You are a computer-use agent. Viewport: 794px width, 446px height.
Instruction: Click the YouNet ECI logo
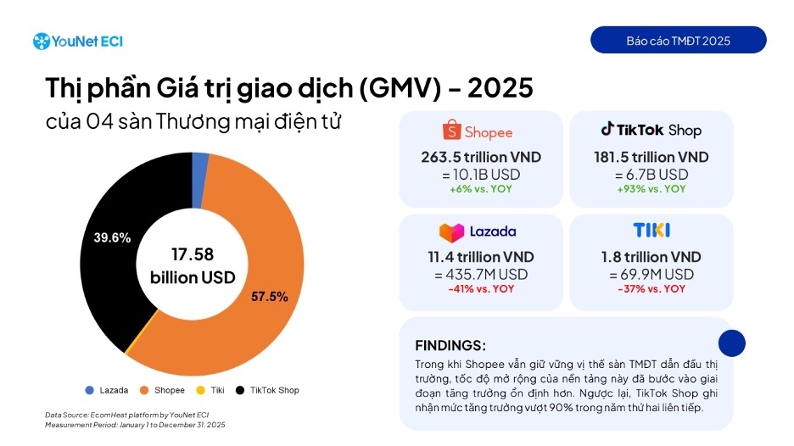(77, 41)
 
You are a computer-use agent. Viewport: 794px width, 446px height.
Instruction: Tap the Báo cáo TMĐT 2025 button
(678, 41)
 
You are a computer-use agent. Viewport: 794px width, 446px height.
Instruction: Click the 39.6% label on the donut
(112, 237)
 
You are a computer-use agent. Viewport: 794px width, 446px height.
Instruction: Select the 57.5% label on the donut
(270, 297)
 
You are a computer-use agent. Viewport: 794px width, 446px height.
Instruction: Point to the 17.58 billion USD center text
(193, 265)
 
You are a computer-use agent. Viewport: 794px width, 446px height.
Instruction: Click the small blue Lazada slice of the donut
(200, 168)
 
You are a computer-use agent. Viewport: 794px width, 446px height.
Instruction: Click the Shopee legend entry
(162, 390)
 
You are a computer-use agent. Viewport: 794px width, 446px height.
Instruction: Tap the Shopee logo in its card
(478, 131)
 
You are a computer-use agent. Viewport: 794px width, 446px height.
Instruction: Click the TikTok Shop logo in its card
(651, 131)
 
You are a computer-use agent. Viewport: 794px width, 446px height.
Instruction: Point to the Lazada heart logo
(451, 232)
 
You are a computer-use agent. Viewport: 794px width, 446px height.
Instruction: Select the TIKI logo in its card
(651, 231)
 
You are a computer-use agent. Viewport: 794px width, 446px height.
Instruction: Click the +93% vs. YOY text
(651, 189)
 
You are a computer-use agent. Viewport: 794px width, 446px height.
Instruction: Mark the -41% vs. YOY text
(480, 289)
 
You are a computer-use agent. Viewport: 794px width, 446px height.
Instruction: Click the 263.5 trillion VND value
(480, 158)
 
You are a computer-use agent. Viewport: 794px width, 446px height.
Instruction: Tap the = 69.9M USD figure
(651, 274)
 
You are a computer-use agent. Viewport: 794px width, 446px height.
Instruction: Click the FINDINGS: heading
(450, 345)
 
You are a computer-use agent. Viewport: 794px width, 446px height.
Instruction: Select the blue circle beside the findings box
(731, 343)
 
